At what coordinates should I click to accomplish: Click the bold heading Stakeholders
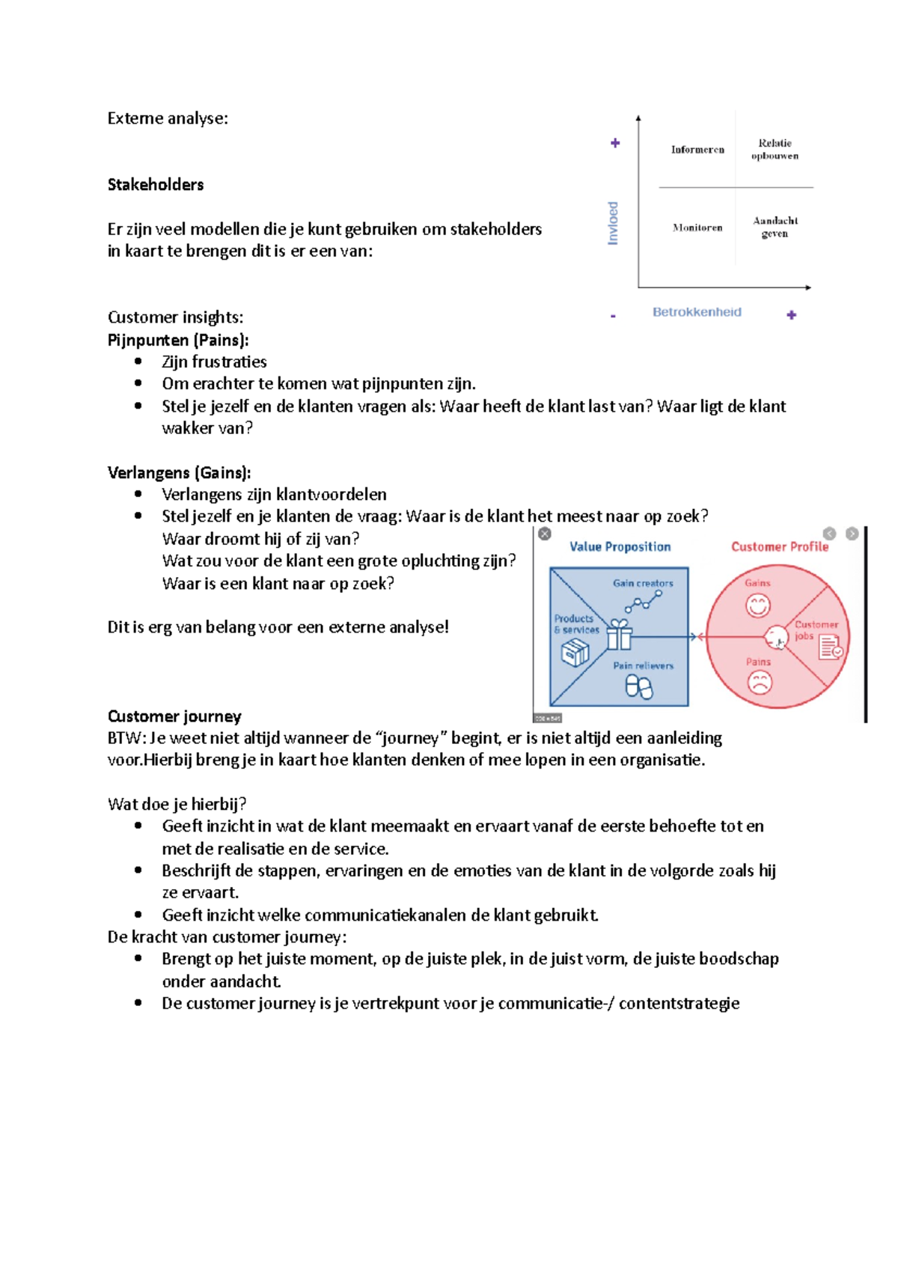(156, 185)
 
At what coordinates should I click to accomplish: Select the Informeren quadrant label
(697, 150)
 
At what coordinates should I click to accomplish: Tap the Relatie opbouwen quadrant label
(775, 149)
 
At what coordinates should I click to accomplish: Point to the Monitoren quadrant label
(697, 228)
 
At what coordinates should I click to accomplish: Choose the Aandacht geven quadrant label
(775, 227)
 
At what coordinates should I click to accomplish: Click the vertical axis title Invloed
(613, 223)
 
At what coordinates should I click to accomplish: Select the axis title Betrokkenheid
(697, 312)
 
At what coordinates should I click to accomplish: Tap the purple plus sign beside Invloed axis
(615, 143)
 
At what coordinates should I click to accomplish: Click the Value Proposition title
(620, 546)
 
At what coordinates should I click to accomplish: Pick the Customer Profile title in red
(780, 546)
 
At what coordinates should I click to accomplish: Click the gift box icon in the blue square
(619, 635)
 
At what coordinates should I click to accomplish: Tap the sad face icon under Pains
(760, 682)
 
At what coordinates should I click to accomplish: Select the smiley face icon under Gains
(757, 605)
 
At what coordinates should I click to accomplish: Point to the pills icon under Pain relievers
(639, 686)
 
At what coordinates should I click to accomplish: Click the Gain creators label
(643, 583)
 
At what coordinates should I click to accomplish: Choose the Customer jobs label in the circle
(814, 630)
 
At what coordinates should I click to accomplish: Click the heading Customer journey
(174, 716)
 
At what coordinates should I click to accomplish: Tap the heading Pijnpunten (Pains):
(178, 340)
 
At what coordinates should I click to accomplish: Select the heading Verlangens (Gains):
(180, 472)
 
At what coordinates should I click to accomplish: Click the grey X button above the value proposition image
(545, 534)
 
